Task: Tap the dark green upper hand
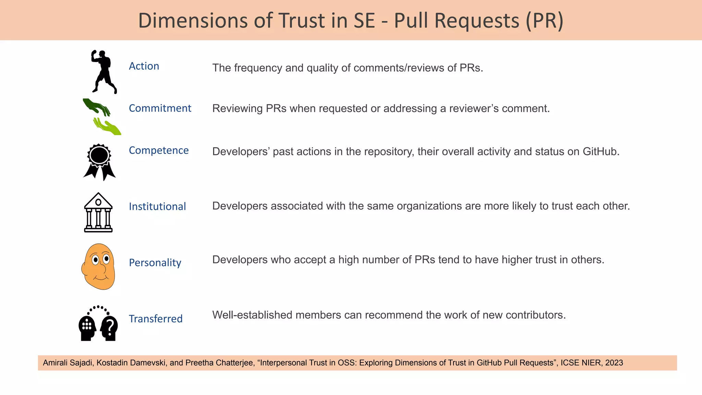(96, 106)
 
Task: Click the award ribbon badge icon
(99, 161)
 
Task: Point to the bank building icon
(98, 212)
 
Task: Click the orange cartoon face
(99, 266)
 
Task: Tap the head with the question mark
(109, 328)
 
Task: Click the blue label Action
(144, 66)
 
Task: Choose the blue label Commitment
(160, 108)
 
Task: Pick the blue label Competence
(159, 150)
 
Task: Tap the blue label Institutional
(157, 206)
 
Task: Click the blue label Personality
(155, 263)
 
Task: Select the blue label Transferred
(156, 319)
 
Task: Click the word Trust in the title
(302, 21)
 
